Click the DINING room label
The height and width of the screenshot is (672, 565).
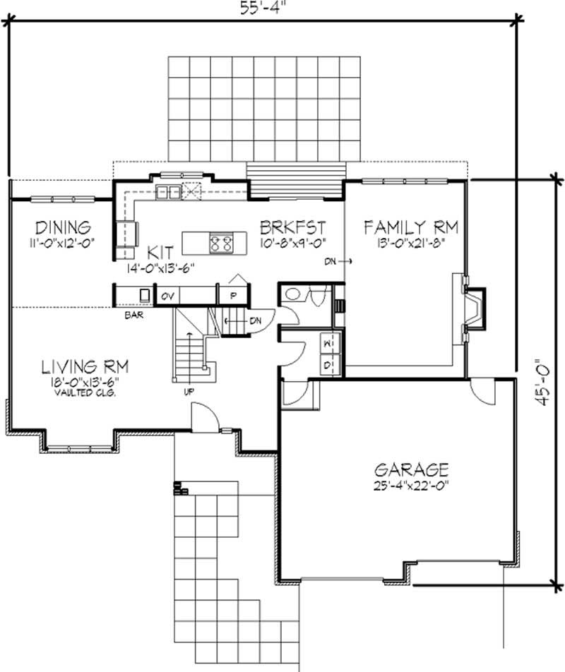point(64,227)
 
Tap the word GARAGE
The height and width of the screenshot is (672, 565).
point(412,469)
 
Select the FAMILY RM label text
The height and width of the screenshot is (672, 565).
point(411,227)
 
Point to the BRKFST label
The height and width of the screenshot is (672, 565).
point(292,227)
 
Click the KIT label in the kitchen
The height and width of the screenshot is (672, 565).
point(162,251)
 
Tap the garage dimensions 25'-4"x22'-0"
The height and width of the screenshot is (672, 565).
point(412,485)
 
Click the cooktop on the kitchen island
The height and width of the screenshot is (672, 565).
point(220,244)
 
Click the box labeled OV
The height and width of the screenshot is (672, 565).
point(167,295)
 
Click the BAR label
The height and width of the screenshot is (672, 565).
point(134,315)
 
